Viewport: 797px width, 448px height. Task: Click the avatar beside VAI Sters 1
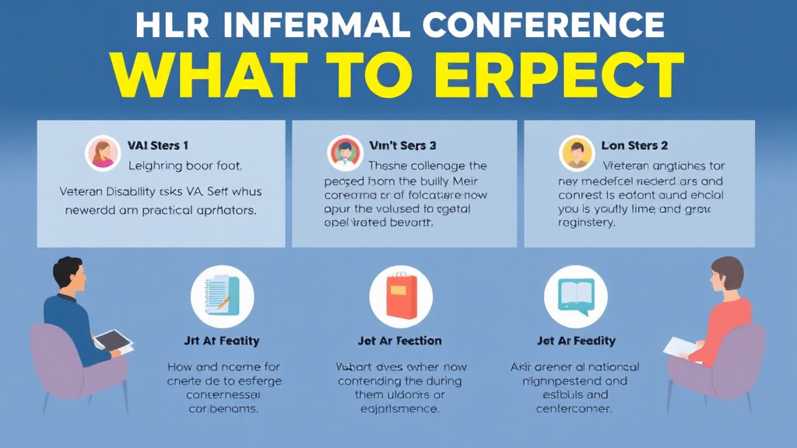coord(103,152)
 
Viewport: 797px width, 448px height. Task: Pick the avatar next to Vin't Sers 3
coord(345,152)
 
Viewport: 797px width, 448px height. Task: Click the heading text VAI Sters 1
coord(158,145)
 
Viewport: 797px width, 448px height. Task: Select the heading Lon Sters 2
coord(635,145)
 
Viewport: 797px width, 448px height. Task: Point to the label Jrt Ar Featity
coord(222,341)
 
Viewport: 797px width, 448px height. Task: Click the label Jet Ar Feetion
coord(400,341)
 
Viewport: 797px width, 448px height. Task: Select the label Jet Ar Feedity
coord(576,341)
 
